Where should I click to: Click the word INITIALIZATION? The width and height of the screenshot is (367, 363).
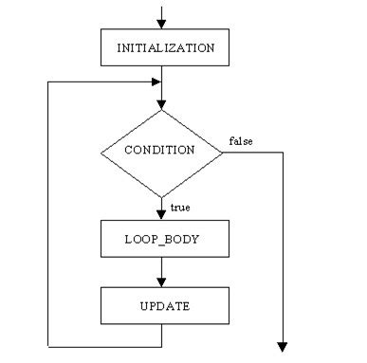tap(165, 46)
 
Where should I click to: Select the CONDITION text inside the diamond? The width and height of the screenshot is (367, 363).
tap(161, 150)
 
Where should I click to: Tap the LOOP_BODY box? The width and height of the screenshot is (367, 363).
tap(162, 240)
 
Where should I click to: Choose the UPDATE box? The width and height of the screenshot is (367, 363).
tap(162, 306)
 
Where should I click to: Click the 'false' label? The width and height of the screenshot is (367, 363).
tap(241, 141)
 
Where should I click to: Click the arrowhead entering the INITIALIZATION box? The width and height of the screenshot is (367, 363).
tap(162, 23)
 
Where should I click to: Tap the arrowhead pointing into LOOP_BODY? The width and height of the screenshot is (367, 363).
tap(162, 215)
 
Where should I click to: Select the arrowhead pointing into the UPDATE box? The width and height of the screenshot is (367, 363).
tap(162, 281)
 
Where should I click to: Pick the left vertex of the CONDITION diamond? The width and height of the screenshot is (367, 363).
tap(101, 150)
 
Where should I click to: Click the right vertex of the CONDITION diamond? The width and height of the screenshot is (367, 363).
tap(223, 150)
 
